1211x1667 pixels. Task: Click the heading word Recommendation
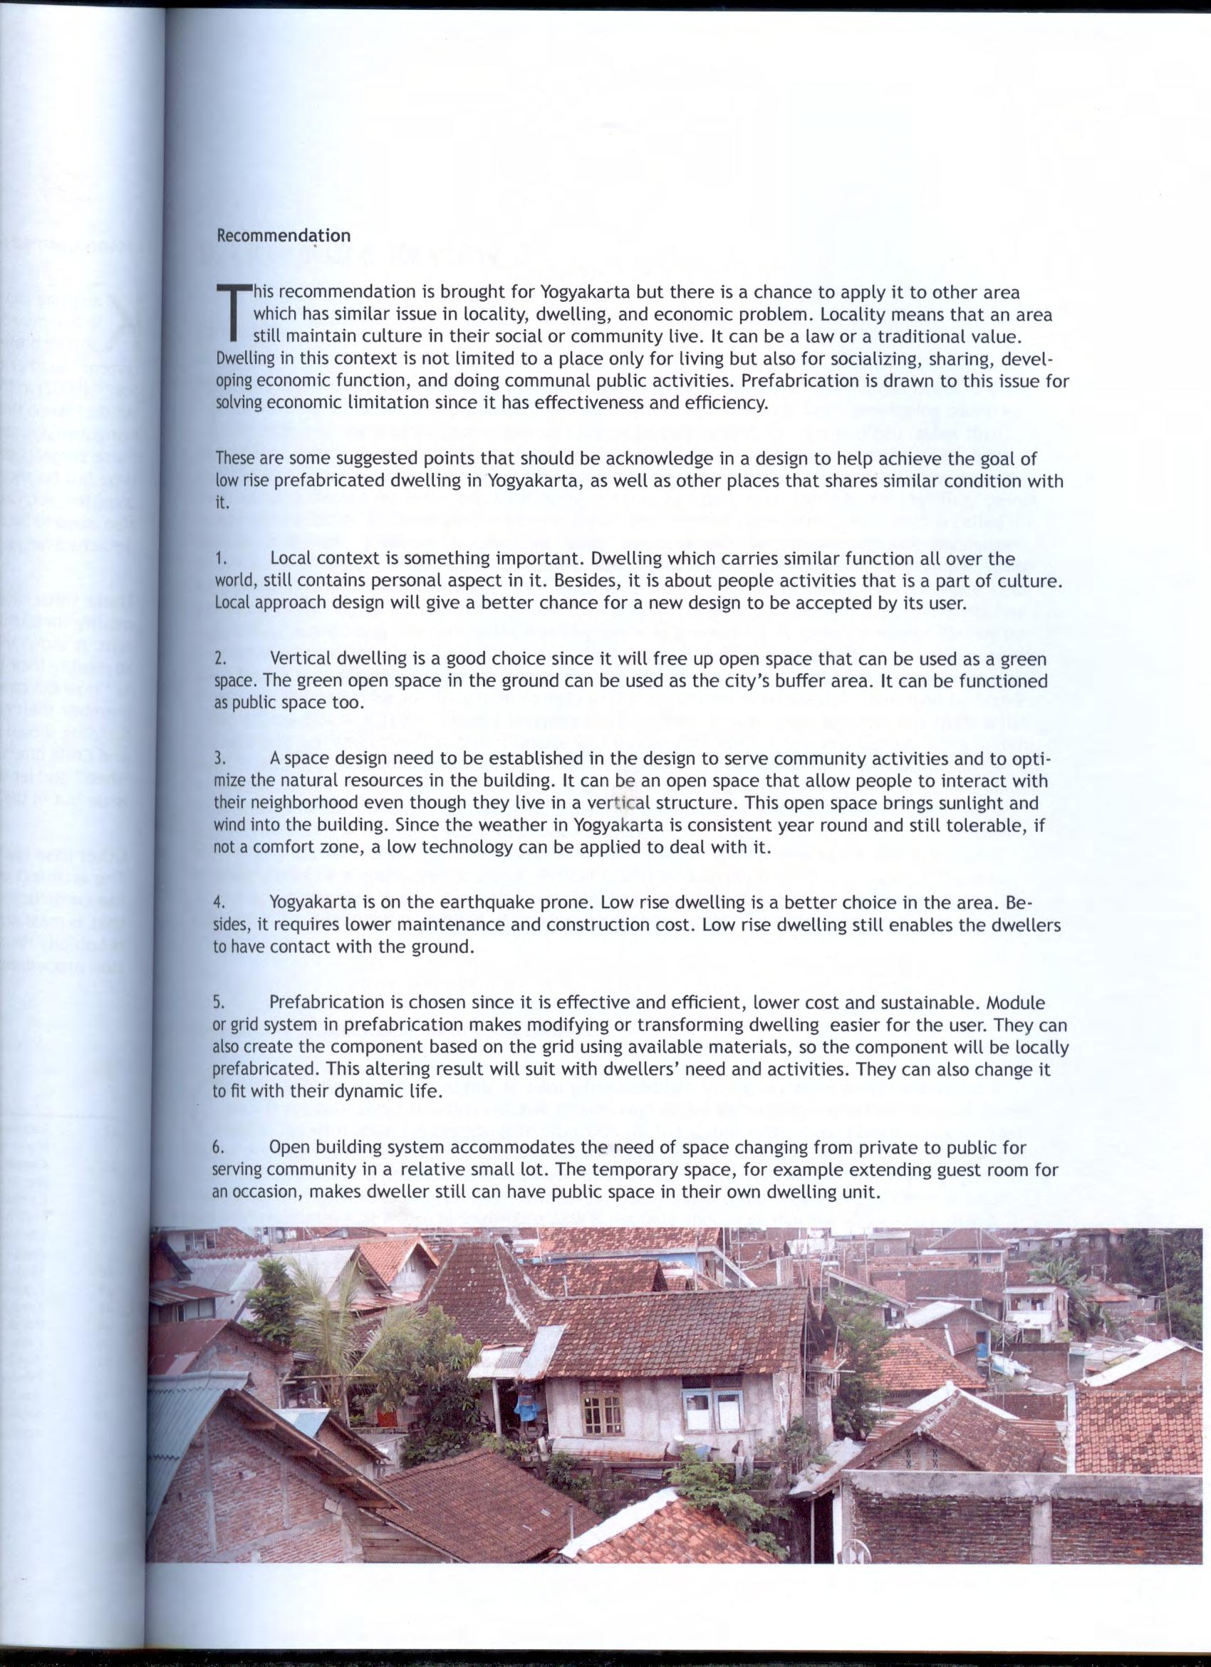(284, 236)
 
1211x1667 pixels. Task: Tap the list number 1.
(218, 560)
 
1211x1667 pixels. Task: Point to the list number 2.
(218, 659)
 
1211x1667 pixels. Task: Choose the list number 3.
(218, 759)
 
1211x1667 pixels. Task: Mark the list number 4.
(218, 903)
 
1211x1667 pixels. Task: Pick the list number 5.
(218, 1003)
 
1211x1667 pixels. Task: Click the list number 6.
(218, 1148)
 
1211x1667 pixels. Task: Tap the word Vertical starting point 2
(301, 659)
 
